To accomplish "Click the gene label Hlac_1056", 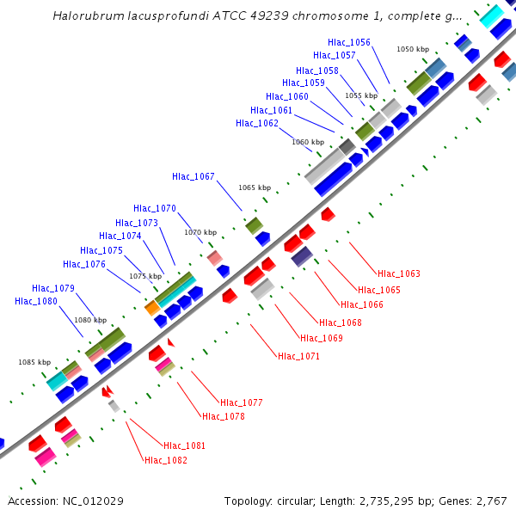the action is coord(349,42).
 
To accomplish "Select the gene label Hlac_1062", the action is coord(257,123).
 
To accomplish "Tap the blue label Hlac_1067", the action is coord(193,176).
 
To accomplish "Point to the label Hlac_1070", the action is coord(155,208).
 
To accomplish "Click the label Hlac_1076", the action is coord(84,264).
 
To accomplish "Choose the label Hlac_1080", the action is coord(36,301).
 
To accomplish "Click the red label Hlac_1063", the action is coord(399,273).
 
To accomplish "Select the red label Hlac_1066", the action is coord(362,304).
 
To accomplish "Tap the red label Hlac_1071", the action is coord(298,355).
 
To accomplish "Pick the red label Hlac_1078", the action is coord(224,416).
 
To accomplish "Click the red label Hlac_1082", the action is coord(166,460).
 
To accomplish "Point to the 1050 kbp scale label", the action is coord(412,49).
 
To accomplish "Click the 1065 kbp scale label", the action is coord(255,187).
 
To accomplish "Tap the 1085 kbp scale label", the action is coord(34,362).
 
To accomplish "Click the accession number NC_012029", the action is coord(96,501).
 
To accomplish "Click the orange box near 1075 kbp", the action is coord(151,307).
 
